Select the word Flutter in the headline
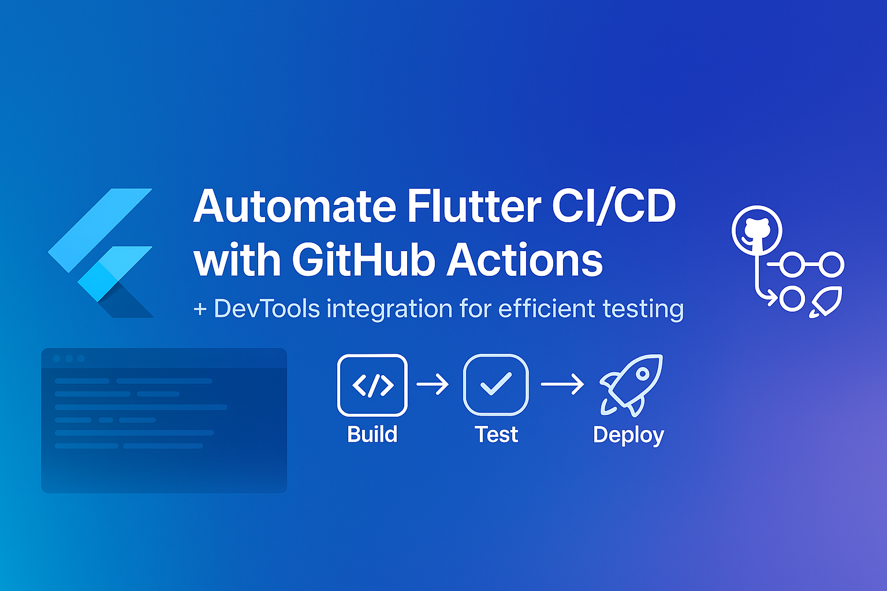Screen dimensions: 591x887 coord(474,207)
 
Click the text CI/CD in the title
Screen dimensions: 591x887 coord(613,207)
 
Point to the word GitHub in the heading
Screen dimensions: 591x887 coord(364,260)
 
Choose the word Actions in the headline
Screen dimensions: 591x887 coord(525,260)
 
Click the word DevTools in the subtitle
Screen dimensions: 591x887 coord(267,309)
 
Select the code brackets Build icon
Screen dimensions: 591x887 coord(372,385)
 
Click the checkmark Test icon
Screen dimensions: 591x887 coord(495,385)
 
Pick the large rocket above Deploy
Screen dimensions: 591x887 coord(631,384)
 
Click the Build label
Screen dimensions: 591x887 coord(372,435)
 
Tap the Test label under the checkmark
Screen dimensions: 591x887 coord(496,435)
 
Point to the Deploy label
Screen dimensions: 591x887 coord(628,435)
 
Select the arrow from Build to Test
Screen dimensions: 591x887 coord(433,384)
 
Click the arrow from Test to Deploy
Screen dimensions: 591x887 coord(562,384)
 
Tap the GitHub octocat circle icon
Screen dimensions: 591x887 coord(757,230)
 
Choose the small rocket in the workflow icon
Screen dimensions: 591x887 coord(826,301)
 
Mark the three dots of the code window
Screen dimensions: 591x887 coord(69,358)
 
